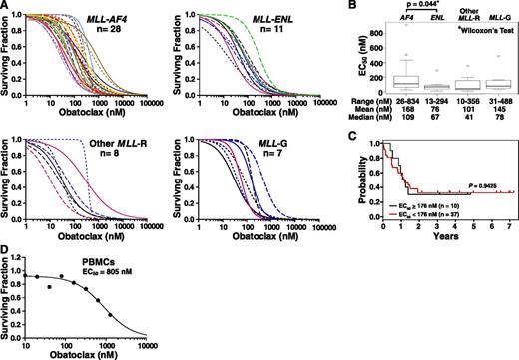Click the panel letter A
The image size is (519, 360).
[x=6, y=7]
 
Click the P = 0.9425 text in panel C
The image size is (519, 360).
[x=479, y=184]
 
